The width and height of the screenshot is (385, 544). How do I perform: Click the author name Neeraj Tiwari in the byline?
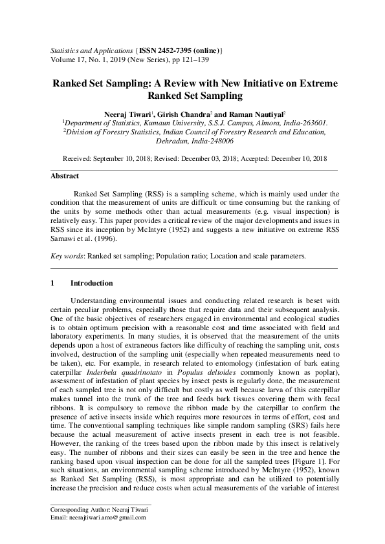(x=127, y=113)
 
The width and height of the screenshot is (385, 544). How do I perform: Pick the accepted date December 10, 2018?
(x=294, y=158)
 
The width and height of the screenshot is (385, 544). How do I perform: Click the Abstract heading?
(x=65, y=176)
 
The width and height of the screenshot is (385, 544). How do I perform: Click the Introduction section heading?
(x=91, y=283)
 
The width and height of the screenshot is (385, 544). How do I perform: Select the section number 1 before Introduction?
(x=52, y=283)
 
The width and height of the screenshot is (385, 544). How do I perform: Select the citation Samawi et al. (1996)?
(x=82, y=238)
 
